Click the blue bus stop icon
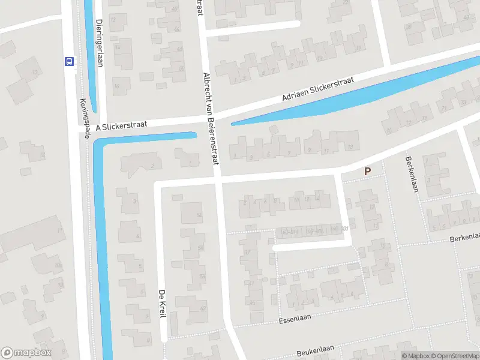69,61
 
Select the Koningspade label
85,118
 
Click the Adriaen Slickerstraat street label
319,89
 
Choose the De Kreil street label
161,304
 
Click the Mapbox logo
26,353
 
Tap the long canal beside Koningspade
103,252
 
